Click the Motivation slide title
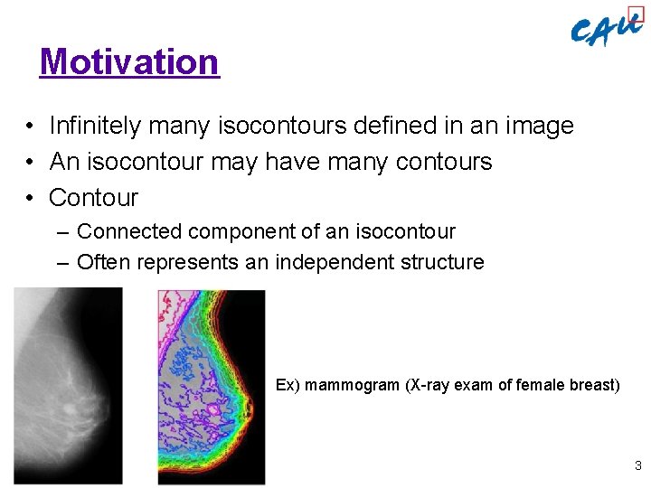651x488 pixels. (x=129, y=62)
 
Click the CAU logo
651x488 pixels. (x=607, y=30)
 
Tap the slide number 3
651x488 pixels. (x=637, y=466)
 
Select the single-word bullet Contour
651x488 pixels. (x=93, y=198)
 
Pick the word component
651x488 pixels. (x=233, y=231)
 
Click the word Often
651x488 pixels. (x=99, y=262)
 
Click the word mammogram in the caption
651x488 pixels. (x=352, y=385)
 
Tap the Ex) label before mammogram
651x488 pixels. (x=288, y=385)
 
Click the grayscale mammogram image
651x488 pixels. (x=68, y=386)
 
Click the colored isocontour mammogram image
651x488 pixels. (x=212, y=387)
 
